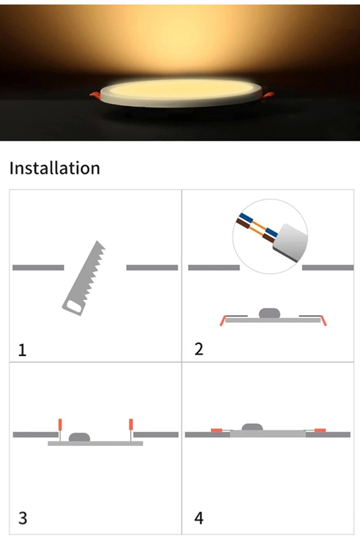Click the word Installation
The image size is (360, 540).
[55, 168]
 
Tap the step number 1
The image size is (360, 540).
[22, 350]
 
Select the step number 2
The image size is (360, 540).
[199, 349]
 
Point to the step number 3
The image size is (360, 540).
[23, 518]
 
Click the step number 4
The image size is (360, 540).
[199, 518]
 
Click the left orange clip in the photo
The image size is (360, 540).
[95, 95]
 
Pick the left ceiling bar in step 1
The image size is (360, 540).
[38, 267]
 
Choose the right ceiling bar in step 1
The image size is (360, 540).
[152, 267]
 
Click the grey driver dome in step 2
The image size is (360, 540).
[269, 313]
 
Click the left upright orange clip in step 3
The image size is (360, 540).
[60, 424]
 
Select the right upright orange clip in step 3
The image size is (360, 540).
[131, 424]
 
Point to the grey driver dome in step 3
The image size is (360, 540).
[79, 437]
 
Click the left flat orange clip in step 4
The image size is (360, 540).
[216, 430]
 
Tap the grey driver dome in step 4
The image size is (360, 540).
[252, 427]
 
